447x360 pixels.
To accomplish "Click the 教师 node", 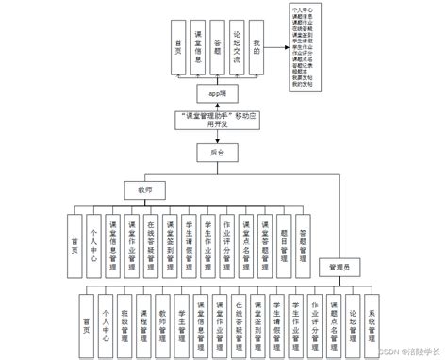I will pos(145,190).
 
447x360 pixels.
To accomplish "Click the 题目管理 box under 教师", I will pos(283,241).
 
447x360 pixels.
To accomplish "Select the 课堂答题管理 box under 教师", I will pos(264,241).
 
